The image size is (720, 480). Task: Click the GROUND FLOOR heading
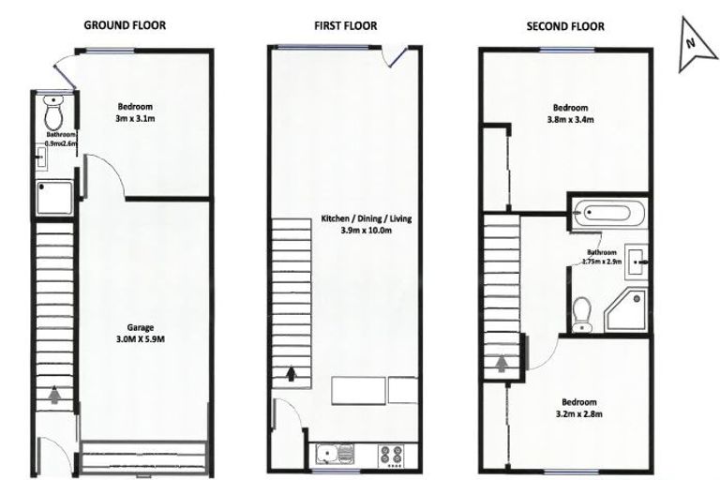click(125, 25)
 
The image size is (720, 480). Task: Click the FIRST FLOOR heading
click(345, 25)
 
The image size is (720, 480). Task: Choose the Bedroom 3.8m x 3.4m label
click(569, 113)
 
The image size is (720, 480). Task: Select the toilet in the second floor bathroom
click(582, 311)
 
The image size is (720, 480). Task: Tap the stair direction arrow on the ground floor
click(53, 394)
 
